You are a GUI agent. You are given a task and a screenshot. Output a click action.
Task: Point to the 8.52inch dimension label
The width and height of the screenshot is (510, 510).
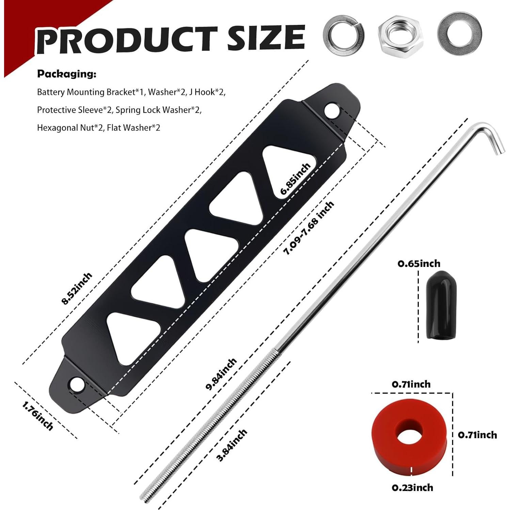(77, 288)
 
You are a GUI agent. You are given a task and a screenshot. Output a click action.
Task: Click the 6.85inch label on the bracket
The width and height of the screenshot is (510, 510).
(296, 179)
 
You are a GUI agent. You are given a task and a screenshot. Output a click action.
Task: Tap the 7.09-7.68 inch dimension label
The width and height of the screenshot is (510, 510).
(309, 228)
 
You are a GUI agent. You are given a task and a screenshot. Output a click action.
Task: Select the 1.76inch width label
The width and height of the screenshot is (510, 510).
(38, 416)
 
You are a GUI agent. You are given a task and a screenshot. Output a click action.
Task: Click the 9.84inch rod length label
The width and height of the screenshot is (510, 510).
(221, 374)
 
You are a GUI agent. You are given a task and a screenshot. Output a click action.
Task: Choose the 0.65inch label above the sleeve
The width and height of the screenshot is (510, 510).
(419, 264)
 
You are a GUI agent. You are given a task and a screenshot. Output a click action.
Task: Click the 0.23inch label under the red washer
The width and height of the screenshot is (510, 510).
(412, 488)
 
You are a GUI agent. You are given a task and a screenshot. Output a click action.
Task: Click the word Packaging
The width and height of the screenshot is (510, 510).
(67, 74)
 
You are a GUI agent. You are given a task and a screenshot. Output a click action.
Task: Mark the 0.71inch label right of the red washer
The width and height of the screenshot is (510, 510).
(477, 435)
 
